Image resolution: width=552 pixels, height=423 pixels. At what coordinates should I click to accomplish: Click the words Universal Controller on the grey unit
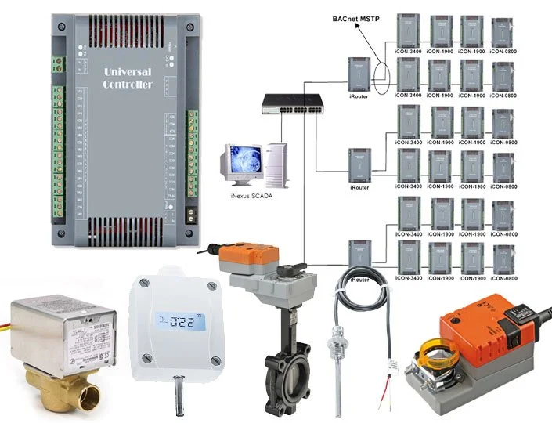[x=128, y=78]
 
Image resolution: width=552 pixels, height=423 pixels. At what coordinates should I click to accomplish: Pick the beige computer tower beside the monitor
[x=275, y=165]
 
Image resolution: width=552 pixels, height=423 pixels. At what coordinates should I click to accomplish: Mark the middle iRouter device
[x=359, y=166]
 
